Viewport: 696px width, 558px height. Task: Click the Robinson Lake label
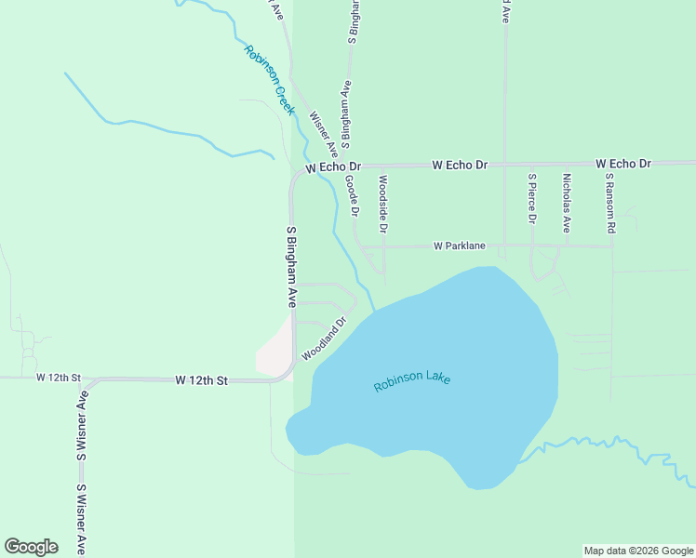click(412, 381)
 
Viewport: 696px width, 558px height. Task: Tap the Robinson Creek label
click(269, 79)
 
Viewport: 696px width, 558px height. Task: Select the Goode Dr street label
click(352, 195)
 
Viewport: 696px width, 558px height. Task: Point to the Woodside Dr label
click(382, 203)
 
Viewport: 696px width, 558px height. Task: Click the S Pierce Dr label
click(531, 198)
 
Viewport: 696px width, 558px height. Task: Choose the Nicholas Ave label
click(566, 201)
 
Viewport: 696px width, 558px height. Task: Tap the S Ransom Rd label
click(610, 201)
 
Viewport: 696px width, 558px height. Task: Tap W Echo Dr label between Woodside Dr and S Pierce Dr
click(460, 165)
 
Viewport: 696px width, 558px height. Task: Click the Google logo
click(31, 547)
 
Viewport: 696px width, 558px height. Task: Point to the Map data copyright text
click(638, 551)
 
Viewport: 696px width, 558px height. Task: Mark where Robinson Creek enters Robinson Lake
click(374, 311)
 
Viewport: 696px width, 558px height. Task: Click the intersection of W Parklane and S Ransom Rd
click(612, 246)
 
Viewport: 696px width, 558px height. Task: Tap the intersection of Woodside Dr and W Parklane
click(383, 246)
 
